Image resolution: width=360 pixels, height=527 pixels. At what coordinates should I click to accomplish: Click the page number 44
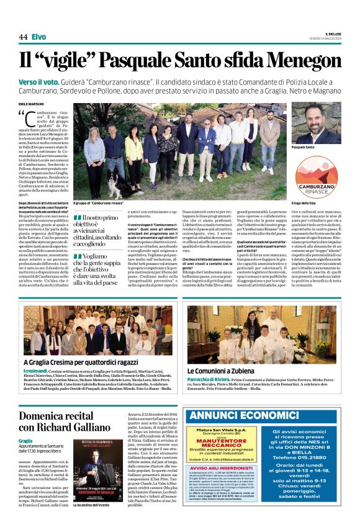(x=23, y=37)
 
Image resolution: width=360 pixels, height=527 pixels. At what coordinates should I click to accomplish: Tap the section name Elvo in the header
(x=38, y=37)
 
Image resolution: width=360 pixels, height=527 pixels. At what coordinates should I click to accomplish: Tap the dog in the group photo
(x=114, y=184)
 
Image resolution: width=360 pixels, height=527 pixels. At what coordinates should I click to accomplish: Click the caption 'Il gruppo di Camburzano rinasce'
(x=99, y=203)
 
